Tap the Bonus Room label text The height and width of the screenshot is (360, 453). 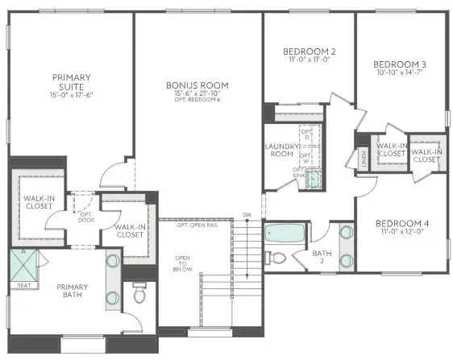click(x=197, y=85)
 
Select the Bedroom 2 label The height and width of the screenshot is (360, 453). click(x=299, y=52)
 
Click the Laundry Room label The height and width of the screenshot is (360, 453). click(x=282, y=151)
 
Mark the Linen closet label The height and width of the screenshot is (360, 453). click(x=364, y=158)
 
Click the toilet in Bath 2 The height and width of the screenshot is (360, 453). click(x=276, y=258)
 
